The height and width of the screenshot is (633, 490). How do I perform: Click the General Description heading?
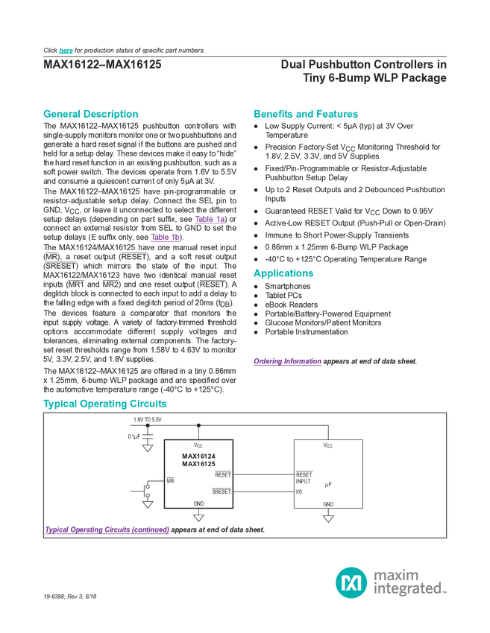[91, 115]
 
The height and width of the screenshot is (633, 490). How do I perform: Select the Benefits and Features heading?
[306, 115]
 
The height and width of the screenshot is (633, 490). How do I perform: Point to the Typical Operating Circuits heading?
[104, 404]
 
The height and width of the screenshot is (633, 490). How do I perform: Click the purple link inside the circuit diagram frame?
[107, 530]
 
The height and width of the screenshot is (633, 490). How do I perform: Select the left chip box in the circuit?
[198, 474]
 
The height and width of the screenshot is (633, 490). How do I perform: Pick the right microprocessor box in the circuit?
[327, 474]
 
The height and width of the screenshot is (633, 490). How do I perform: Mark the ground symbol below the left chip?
[198, 516]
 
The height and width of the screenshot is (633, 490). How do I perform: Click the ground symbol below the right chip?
[327, 516]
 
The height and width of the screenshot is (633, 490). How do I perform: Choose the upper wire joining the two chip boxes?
[264, 474]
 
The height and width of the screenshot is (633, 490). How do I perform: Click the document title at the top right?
[365, 70]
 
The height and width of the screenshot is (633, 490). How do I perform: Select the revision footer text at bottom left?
[71, 597]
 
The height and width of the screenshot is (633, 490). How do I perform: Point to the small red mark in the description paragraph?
[219, 268]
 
